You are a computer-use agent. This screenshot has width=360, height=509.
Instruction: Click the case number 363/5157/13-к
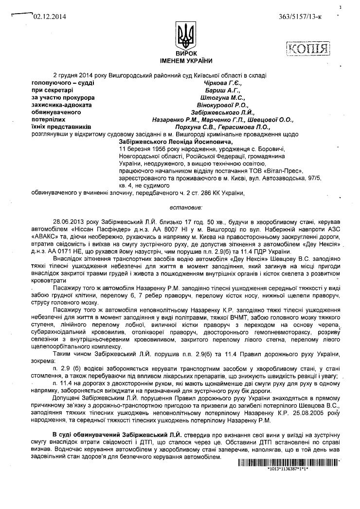[x=301, y=17]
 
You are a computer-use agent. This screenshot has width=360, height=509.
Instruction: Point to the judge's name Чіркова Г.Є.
[x=220, y=83]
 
